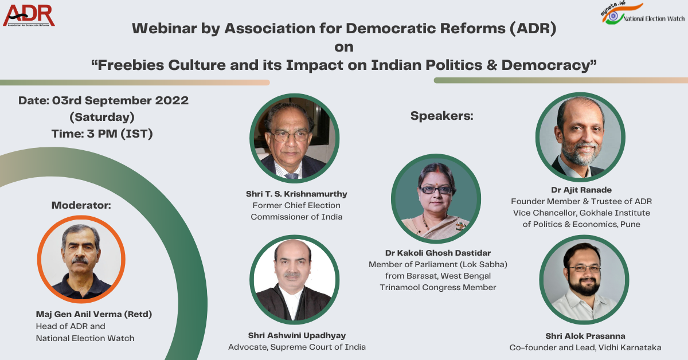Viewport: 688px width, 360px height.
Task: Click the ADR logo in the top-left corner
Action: [x=29, y=15]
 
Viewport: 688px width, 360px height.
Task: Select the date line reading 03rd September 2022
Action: [x=103, y=100]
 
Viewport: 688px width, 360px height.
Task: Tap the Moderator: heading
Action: [x=81, y=205]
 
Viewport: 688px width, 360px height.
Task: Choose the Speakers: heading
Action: [x=441, y=116]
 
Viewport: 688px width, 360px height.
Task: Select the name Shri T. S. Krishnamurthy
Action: [x=296, y=194]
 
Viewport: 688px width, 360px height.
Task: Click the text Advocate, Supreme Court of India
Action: [x=297, y=347]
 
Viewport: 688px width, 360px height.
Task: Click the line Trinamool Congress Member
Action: [x=437, y=287]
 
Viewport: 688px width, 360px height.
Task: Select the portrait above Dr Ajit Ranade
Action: [x=580, y=138]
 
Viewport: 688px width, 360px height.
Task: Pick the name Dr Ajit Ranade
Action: [x=581, y=189]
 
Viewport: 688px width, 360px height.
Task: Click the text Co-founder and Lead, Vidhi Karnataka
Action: [x=585, y=347]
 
